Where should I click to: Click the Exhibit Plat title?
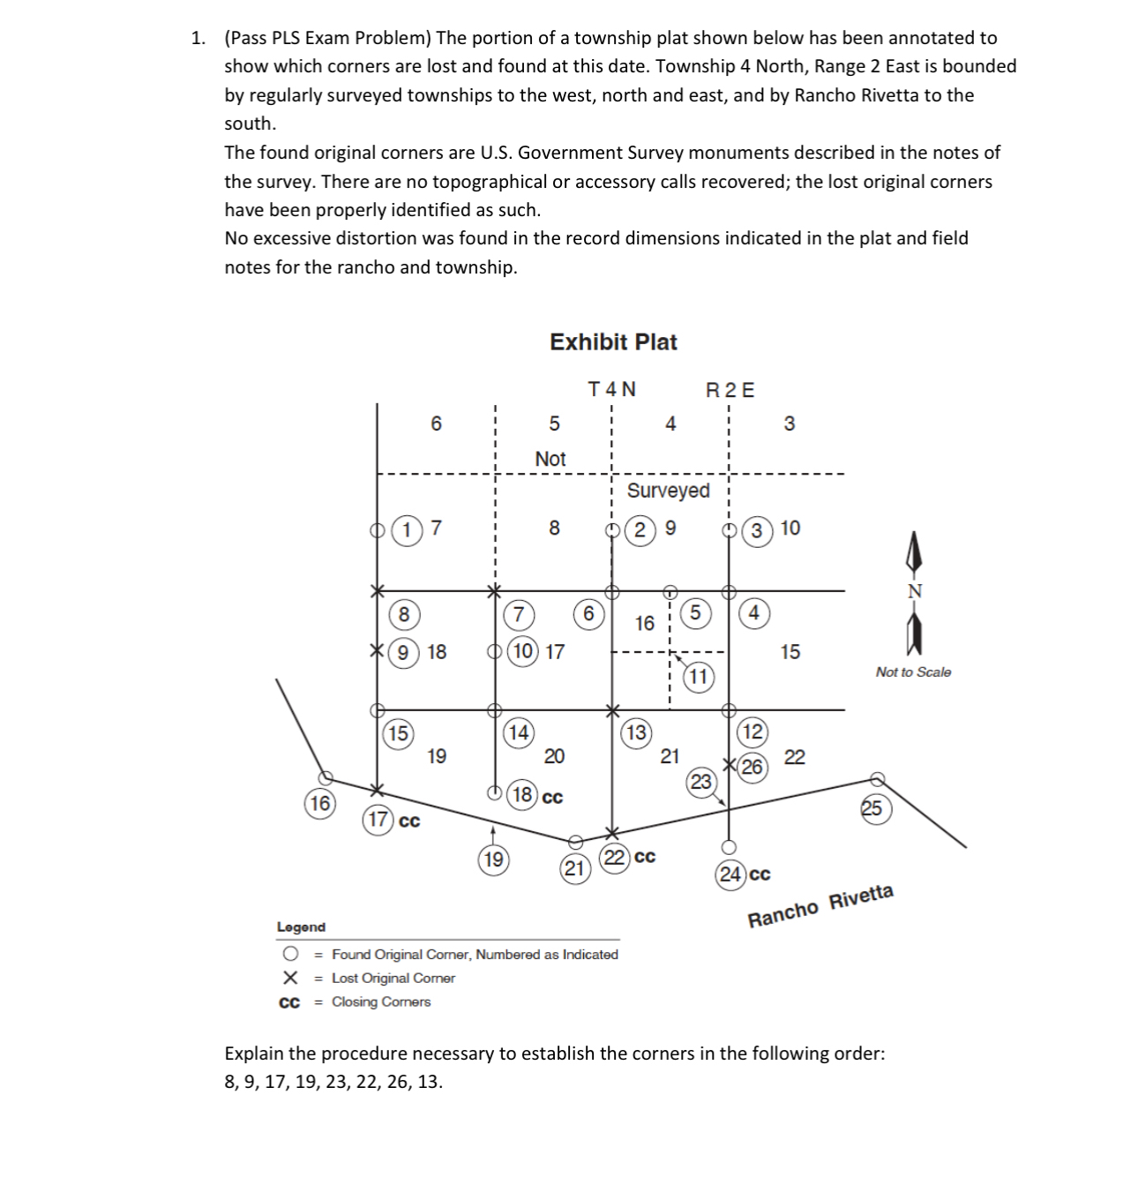pyautogui.click(x=613, y=342)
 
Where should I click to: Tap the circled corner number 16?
pyautogui.click(x=319, y=804)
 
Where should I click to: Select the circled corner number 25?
pyautogui.click(x=872, y=808)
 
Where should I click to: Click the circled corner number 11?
pyautogui.click(x=698, y=677)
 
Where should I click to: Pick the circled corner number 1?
pyautogui.click(x=407, y=529)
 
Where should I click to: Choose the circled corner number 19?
pyautogui.click(x=493, y=859)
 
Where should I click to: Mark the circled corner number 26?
pyautogui.click(x=752, y=767)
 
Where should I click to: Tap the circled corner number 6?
pyautogui.click(x=588, y=613)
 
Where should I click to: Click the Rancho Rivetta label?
pyautogui.click(x=820, y=906)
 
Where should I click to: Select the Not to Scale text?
pyautogui.click(x=913, y=672)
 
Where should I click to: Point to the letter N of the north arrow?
pyautogui.click(x=915, y=591)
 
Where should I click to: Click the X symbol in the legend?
pyautogui.click(x=288, y=978)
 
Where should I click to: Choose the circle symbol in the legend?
pyautogui.click(x=289, y=955)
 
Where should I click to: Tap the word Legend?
pyautogui.click(x=301, y=927)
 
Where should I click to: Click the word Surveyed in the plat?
pyautogui.click(x=668, y=490)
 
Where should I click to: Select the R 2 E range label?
pyautogui.click(x=730, y=390)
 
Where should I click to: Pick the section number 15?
pyautogui.click(x=790, y=652)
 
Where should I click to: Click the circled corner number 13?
pyautogui.click(x=635, y=732)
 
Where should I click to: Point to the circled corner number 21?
pyautogui.click(x=574, y=869)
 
